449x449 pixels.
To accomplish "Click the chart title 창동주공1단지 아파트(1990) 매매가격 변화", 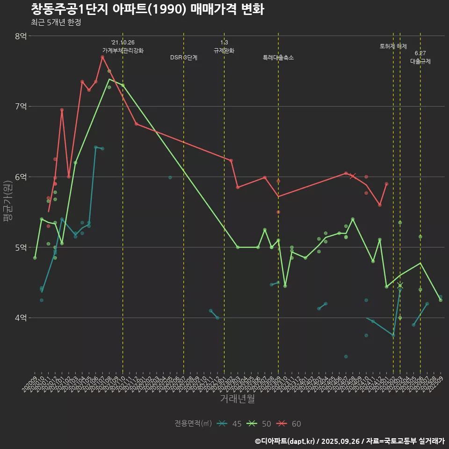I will point(147,9).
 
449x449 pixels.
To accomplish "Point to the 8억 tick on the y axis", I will point(21,36).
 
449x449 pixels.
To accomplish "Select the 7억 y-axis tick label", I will point(21,107).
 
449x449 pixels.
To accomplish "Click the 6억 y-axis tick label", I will point(21,177).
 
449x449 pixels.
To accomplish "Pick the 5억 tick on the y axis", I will point(21,247).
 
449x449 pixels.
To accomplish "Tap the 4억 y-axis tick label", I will point(21,318).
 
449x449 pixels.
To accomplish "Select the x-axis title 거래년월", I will point(237,399).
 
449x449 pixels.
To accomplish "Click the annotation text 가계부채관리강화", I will point(123,51).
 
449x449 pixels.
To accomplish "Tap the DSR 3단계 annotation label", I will point(184,58).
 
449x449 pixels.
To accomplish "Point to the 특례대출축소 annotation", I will point(278,58).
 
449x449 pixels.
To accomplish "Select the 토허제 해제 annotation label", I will point(393,46).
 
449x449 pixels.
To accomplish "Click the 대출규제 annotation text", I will point(420,61).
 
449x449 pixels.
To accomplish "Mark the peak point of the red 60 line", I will point(102,57).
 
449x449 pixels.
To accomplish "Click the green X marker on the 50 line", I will point(400,285).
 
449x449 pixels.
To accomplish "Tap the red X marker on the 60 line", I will point(353,176).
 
